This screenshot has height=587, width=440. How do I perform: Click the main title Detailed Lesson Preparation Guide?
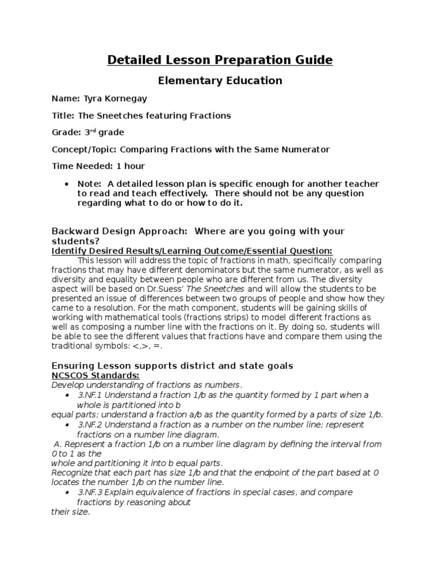(x=219, y=60)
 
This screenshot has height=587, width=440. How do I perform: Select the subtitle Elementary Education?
(x=219, y=81)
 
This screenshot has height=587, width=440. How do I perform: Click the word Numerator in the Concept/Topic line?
(x=304, y=149)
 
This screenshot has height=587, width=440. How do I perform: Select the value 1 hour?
(x=131, y=166)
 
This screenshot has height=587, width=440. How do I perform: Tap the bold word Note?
(x=88, y=183)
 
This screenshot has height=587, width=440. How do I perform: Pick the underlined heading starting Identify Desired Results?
(x=192, y=251)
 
